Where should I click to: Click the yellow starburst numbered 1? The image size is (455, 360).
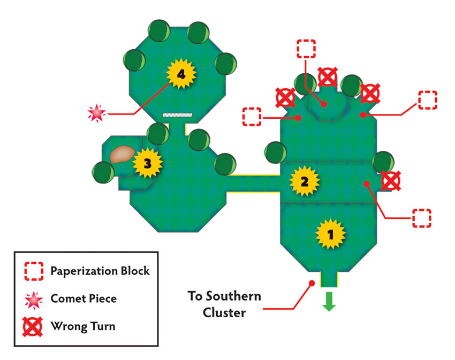pyautogui.click(x=330, y=234)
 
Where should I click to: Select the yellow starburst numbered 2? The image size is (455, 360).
pyautogui.click(x=305, y=181)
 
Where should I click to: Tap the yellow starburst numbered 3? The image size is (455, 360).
pyautogui.click(x=147, y=163)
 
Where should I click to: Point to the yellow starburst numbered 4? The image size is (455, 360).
pyautogui.click(x=181, y=74)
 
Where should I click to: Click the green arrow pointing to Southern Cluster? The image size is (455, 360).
pyautogui.click(x=329, y=301)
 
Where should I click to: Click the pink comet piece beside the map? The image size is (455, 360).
pyautogui.click(x=97, y=113)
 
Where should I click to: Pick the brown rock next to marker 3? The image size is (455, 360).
pyautogui.click(x=122, y=154)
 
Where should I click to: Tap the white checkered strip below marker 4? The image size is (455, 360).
pyautogui.click(x=177, y=115)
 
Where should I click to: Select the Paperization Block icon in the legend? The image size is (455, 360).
pyautogui.click(x=34, y=271)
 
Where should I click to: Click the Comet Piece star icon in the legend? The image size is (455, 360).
pyautogui.click(x=34, y=300)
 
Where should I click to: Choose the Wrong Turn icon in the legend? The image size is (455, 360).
pyautogui.click(x=33, y=327)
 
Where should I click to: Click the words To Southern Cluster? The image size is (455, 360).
pyautogui.click(x=224, y=304)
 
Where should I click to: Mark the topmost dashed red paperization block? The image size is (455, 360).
pyautogui.click(x=306, y=49)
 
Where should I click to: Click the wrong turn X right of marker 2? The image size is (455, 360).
pyautogui.click(x=391, y=181)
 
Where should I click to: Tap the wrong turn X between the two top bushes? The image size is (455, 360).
pyautogui.click(x=328, y=77)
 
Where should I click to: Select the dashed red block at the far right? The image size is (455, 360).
pyautogui.click(x=428, y=100)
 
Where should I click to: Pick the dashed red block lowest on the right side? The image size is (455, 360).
pyautogui.click(x=422, y=218)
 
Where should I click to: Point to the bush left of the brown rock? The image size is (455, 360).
pyautogui.click(x=103, y=172)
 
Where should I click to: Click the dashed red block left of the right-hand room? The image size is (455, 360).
pyautogui.click(x=252, y=117)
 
